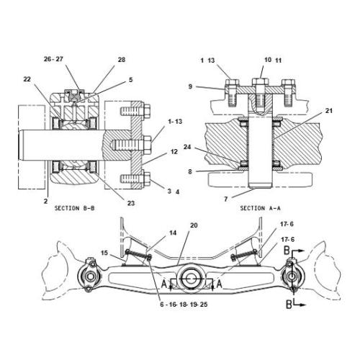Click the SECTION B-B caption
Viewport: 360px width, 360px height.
74,208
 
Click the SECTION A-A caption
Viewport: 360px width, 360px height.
260,208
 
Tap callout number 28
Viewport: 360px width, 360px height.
122,60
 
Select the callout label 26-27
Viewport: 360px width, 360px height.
53,59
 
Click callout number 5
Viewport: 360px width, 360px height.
130,80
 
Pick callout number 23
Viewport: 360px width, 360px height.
131,203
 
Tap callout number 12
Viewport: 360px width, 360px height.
174,152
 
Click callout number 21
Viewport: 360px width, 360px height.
329,111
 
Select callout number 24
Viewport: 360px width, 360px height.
187,147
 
